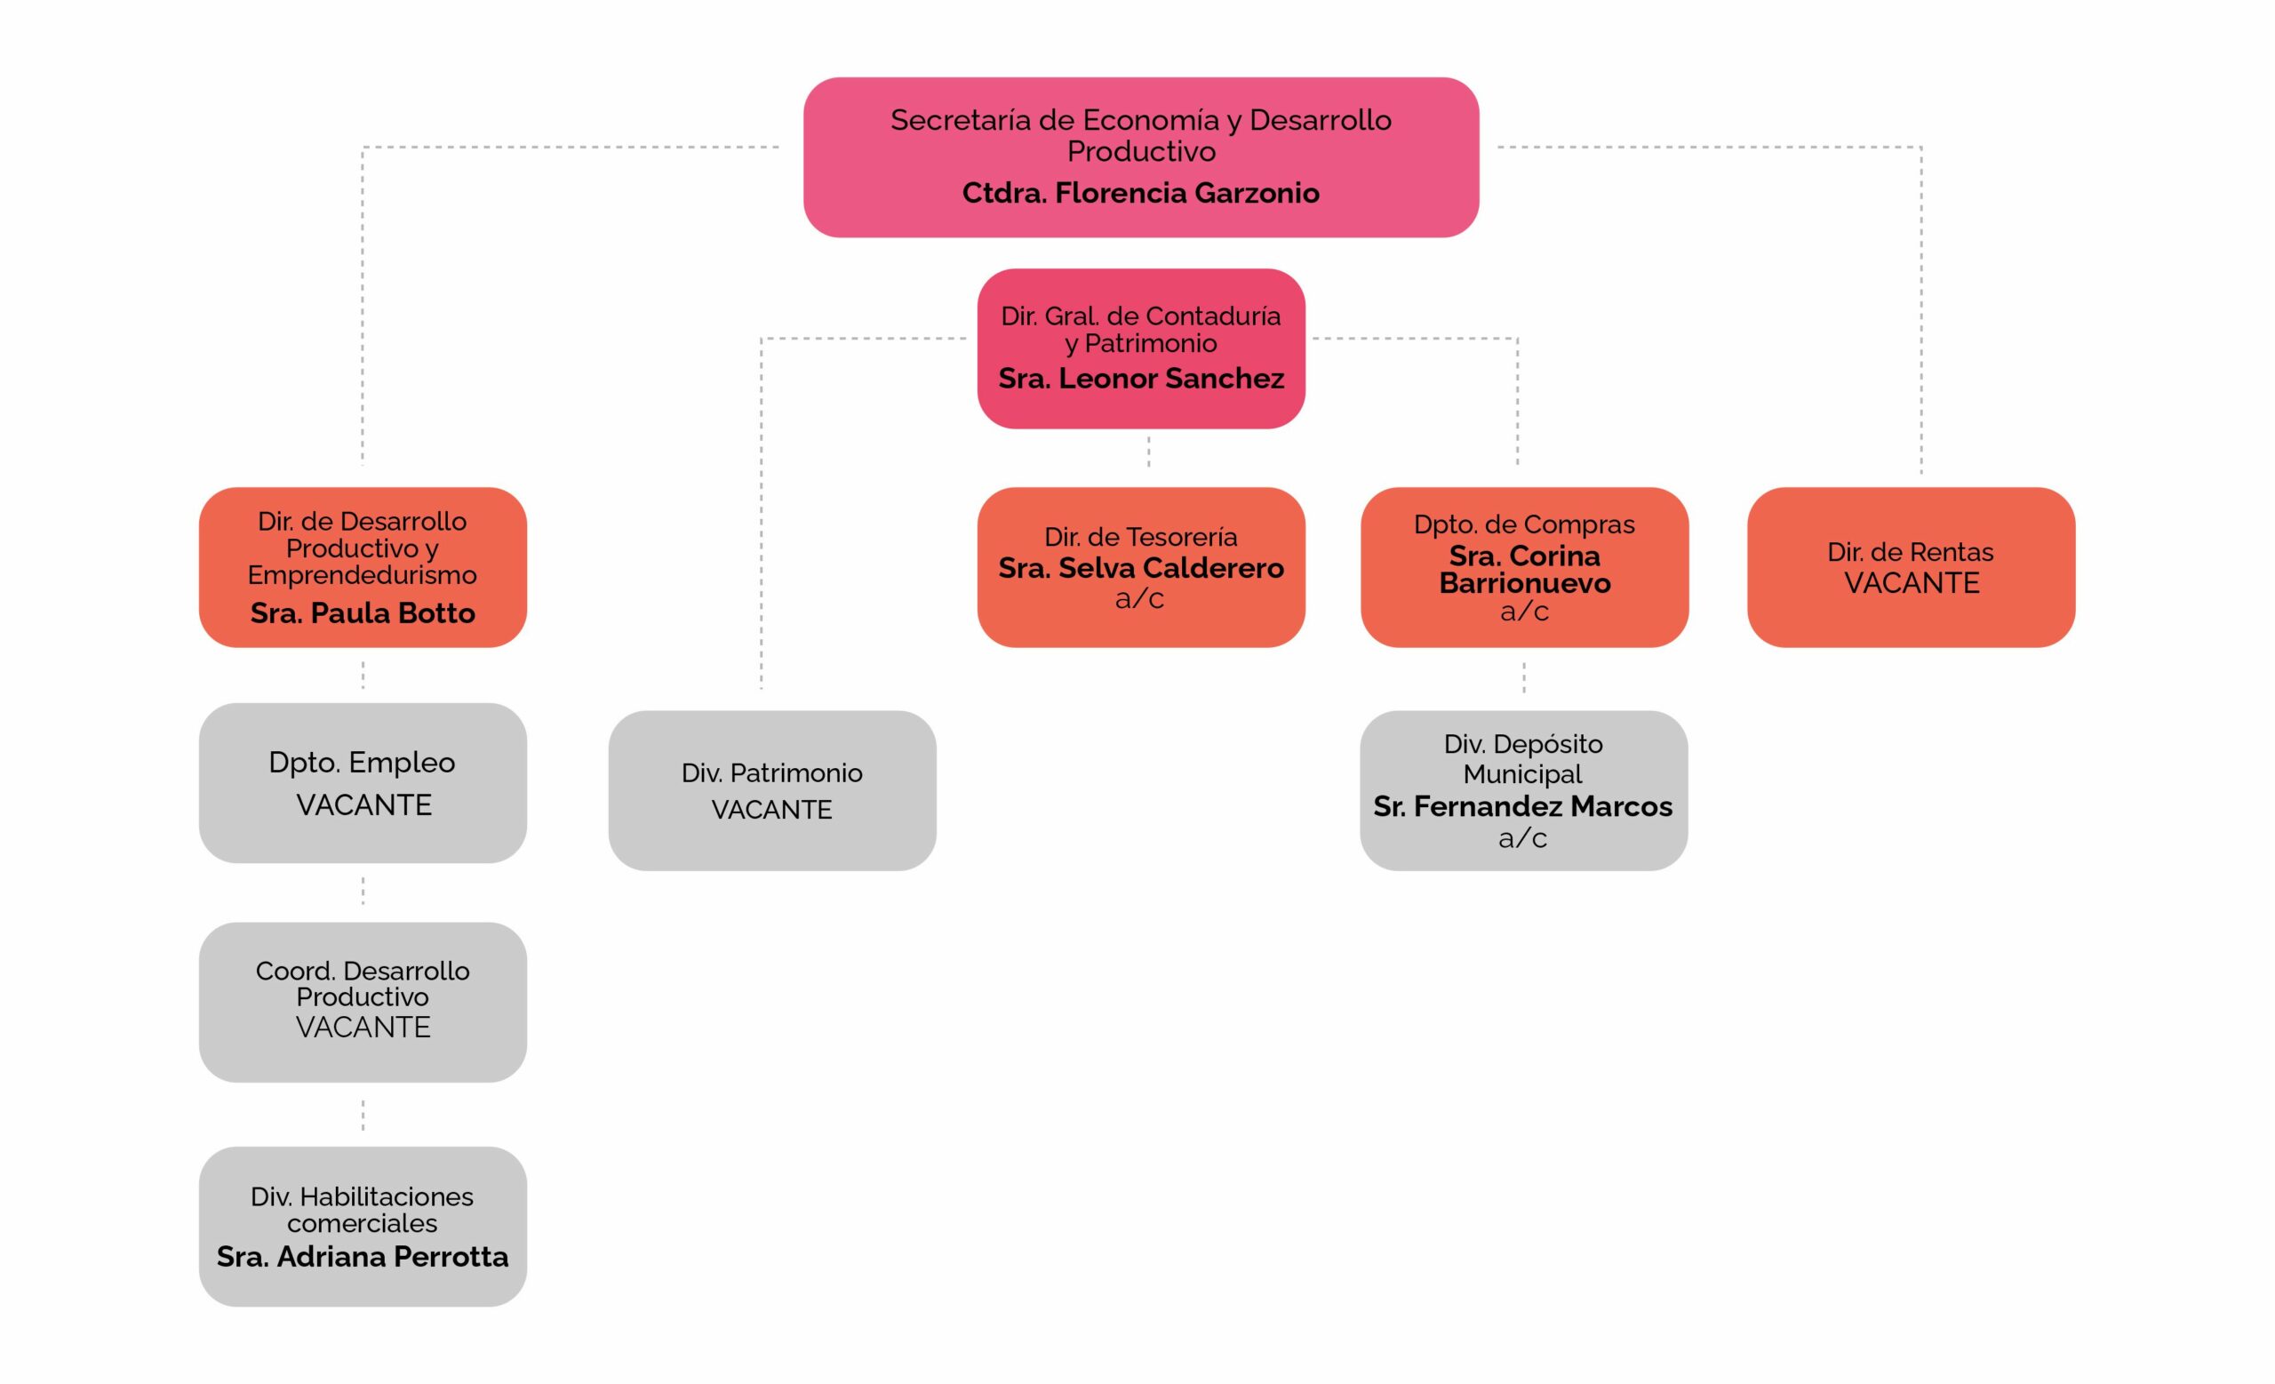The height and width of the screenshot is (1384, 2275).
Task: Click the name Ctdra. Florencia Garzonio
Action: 1140,193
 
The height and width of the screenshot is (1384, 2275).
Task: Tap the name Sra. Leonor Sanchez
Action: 1140,379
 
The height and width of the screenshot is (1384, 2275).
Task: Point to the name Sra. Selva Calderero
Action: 1140,568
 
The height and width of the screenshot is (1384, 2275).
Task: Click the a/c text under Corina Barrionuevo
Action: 1523,612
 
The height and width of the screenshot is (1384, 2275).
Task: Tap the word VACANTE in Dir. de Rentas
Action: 1912,583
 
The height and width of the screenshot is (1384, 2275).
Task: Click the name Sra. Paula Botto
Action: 362,613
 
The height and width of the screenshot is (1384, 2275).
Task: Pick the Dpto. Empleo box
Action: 362,782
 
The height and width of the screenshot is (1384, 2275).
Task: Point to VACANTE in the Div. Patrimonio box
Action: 772,810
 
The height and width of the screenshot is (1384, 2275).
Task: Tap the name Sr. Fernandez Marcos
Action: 1522,807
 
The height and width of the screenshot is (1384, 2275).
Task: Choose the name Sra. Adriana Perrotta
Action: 362,1257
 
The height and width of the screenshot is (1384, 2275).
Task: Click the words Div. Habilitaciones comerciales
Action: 362,1210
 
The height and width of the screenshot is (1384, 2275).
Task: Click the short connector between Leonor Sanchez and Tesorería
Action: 1148,452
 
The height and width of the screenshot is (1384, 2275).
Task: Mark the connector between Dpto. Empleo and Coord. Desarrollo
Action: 363,891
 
